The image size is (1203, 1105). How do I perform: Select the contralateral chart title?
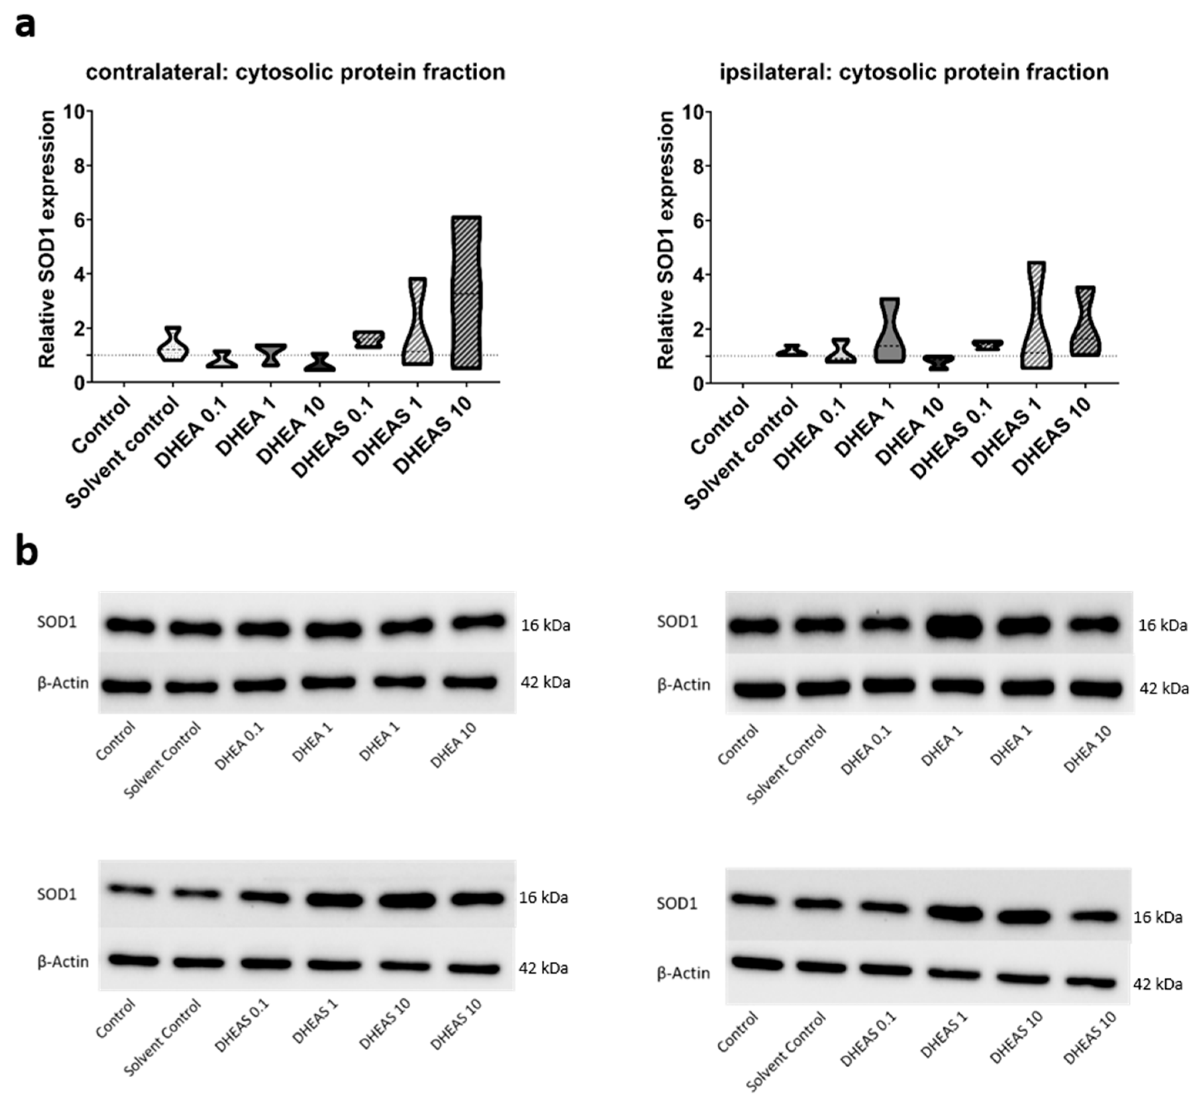point(295,72)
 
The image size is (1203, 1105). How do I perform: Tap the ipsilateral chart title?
point(914,72)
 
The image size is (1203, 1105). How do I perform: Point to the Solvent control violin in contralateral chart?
point(173,345)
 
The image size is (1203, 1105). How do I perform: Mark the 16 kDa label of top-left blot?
point(545,625)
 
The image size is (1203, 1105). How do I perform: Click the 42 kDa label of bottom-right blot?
point(1158,984)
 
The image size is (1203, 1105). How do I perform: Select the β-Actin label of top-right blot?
point(683,685)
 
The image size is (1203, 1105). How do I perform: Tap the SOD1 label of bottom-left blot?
point(57,895)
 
